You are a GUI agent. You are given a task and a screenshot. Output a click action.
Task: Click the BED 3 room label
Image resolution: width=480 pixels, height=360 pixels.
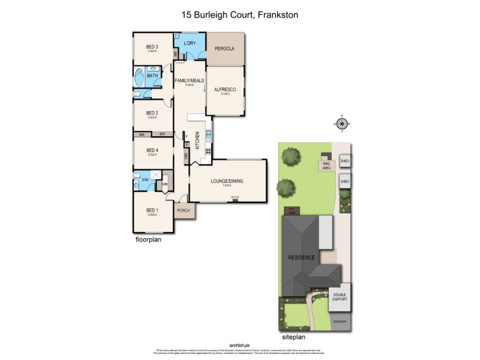click(x=152, y=47)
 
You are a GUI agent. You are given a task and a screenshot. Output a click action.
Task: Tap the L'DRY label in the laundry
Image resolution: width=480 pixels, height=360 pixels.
click(x=190, y=44)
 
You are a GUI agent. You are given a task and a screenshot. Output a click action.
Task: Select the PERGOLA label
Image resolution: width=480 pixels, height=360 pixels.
click(x=224, y=49)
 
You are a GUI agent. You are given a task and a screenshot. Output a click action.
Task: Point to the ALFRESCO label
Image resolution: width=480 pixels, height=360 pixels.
click(x=226, y=89)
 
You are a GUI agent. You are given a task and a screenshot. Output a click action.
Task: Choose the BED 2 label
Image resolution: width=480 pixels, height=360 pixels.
click(x=152, y=113)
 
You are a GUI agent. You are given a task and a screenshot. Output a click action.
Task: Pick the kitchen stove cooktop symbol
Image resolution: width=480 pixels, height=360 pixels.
click(x=208, y=151)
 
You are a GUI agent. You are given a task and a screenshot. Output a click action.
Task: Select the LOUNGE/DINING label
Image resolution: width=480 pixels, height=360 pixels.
click(x=227, y=181)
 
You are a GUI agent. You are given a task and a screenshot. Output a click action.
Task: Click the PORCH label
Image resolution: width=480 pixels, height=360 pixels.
click(x=184, y=211)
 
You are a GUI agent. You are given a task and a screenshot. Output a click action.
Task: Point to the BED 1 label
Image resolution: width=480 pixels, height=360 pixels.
click(x=152, y=211)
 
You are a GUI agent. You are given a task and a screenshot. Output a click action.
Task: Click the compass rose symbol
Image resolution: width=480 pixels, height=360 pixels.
click(x=341, y=124)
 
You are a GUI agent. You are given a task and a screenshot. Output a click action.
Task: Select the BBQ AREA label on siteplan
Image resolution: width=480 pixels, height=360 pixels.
click(x=327, y=166)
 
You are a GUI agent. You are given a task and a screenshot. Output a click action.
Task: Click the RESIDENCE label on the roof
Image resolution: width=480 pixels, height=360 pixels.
click(x=302, y=257)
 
